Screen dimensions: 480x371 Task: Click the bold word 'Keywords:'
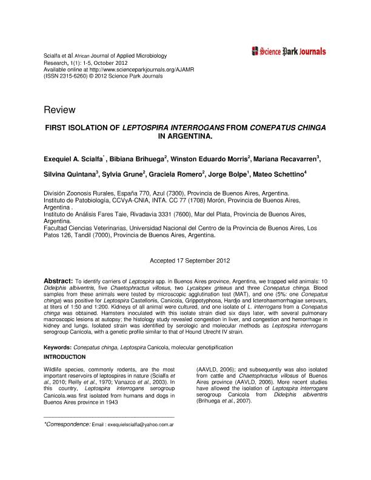coord(58,347)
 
